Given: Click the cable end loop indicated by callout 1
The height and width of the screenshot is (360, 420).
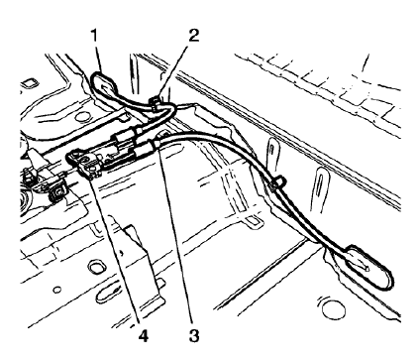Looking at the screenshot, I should (x=106, y=81).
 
